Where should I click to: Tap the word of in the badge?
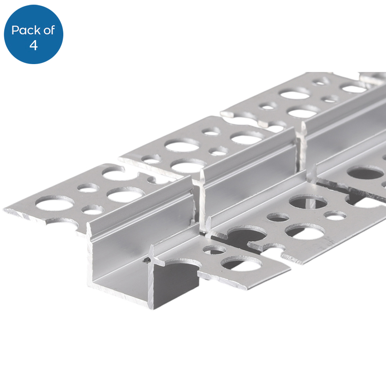49,30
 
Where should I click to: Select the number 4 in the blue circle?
34,45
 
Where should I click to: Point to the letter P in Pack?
15,30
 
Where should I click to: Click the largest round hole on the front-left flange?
54,203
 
